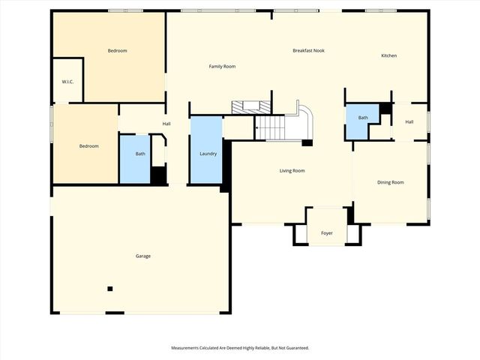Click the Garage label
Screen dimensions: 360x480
pyautogui.click(x=142, y=256)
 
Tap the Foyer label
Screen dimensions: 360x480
pyautogui.click(x=327, y=233)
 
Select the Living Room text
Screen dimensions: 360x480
pyautogui.click(x=292, y=171)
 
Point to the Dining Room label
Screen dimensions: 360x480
pyautogui.click(x=390, y=182)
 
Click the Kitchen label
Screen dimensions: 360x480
pyautogui.click(x=388, y=55)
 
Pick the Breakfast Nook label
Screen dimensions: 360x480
pyautogui.click(x=308, y=51)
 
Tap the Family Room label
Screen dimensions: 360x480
pyautogui.click(x=221, y=67)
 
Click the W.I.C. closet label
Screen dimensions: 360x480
pyautogui.click(x=67, y=82)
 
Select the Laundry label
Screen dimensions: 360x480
pyautogui.click(x=208, y=154)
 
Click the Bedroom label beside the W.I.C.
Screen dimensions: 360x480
pyautogui.click(x=117, y=51)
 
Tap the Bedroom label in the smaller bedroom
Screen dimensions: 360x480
pyautogui.click(x=88, y=146)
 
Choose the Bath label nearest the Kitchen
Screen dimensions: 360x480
pyautogui.click(x=363, y=118)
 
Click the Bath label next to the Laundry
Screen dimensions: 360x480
pyautogui.click(x=140, y=154)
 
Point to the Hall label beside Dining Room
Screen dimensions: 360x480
pyautogui.click(x=409, y=122)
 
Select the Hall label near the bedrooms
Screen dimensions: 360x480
pyautogui.click(x=166, y=124)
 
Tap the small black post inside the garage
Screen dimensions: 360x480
pyautogui.click(x=110, y=288)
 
